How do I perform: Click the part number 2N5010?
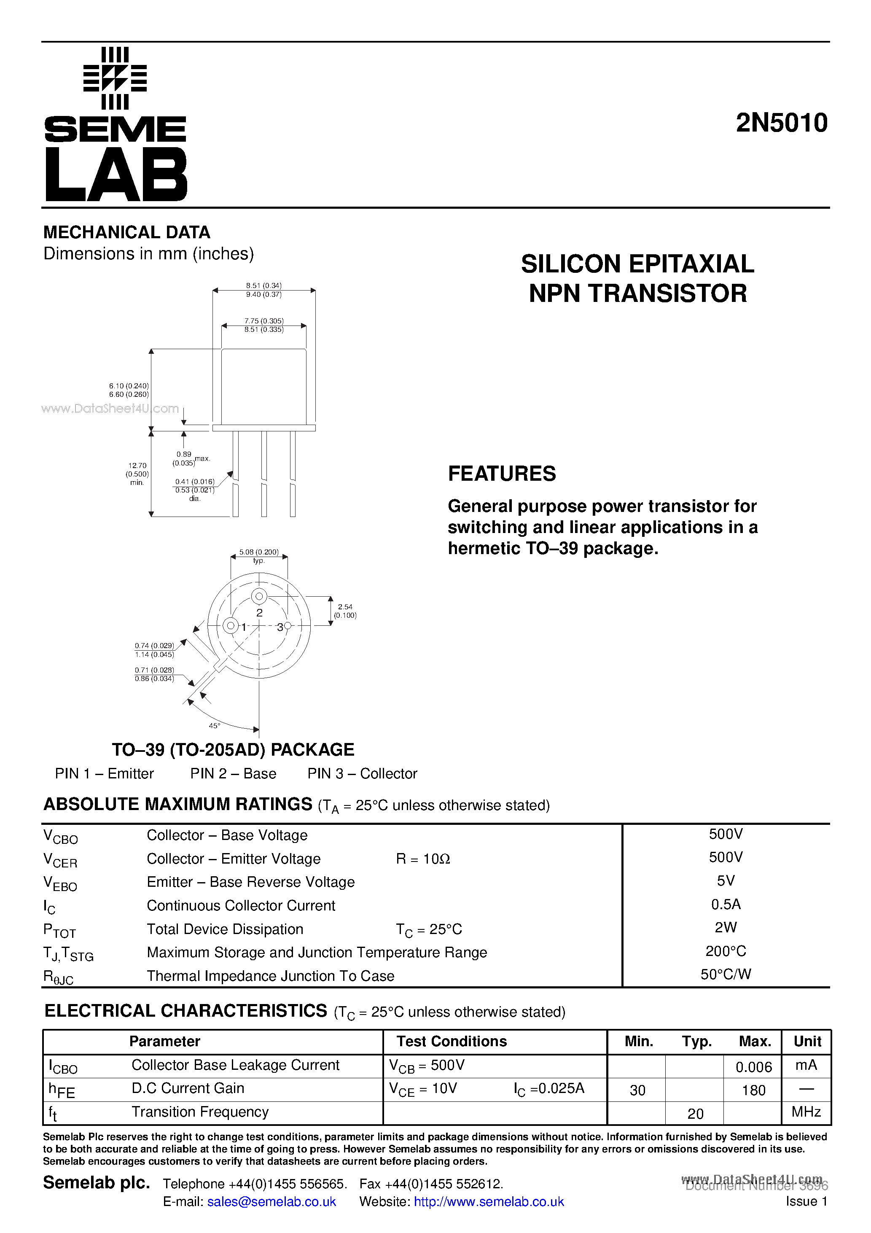[x=781, y=123]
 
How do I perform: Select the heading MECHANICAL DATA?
[x=127, y=232]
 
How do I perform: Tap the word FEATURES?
[x=502, y=474]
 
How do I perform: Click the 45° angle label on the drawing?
[x=214, y=726]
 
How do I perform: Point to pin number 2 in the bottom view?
[x=259, y=613]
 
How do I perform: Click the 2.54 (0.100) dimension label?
[x=345, y=611]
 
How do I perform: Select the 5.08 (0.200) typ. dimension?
[x=259, y=556]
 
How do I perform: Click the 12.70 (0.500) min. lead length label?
[x=137, y=474]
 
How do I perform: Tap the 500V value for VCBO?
[x=726, y=834]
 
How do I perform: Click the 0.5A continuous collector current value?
[x=726, y=905]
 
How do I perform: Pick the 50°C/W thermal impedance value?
[x=726, y=974]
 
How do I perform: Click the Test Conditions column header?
[x=452, y=1041]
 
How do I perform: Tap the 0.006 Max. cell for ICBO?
[x=753, y=1067]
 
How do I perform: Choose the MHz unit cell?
[x=806, y=1112]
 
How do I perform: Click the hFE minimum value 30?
[x=637, y=1090]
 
